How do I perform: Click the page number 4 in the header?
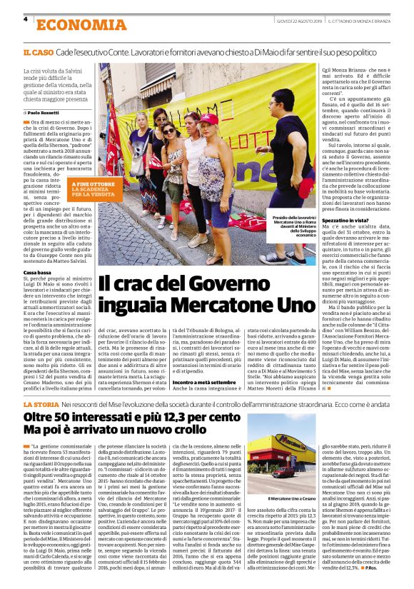26,20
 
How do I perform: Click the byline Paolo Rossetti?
44,113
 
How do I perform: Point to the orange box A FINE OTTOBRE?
92,188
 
